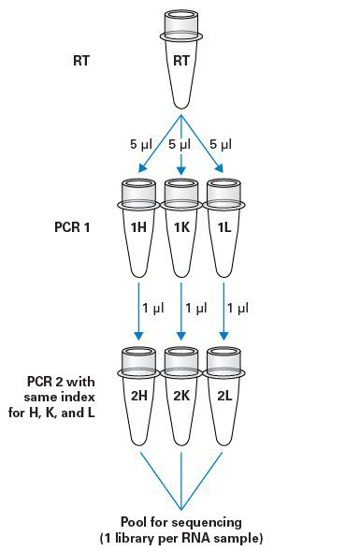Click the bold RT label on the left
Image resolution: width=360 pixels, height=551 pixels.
[81, 62]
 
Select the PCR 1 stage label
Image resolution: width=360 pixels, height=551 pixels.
[72, 225]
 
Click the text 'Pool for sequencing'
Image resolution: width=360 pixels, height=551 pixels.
[180, 521]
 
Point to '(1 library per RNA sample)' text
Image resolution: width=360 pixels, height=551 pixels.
[180, 538]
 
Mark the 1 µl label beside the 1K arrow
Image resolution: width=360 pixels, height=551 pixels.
[196, 307]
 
